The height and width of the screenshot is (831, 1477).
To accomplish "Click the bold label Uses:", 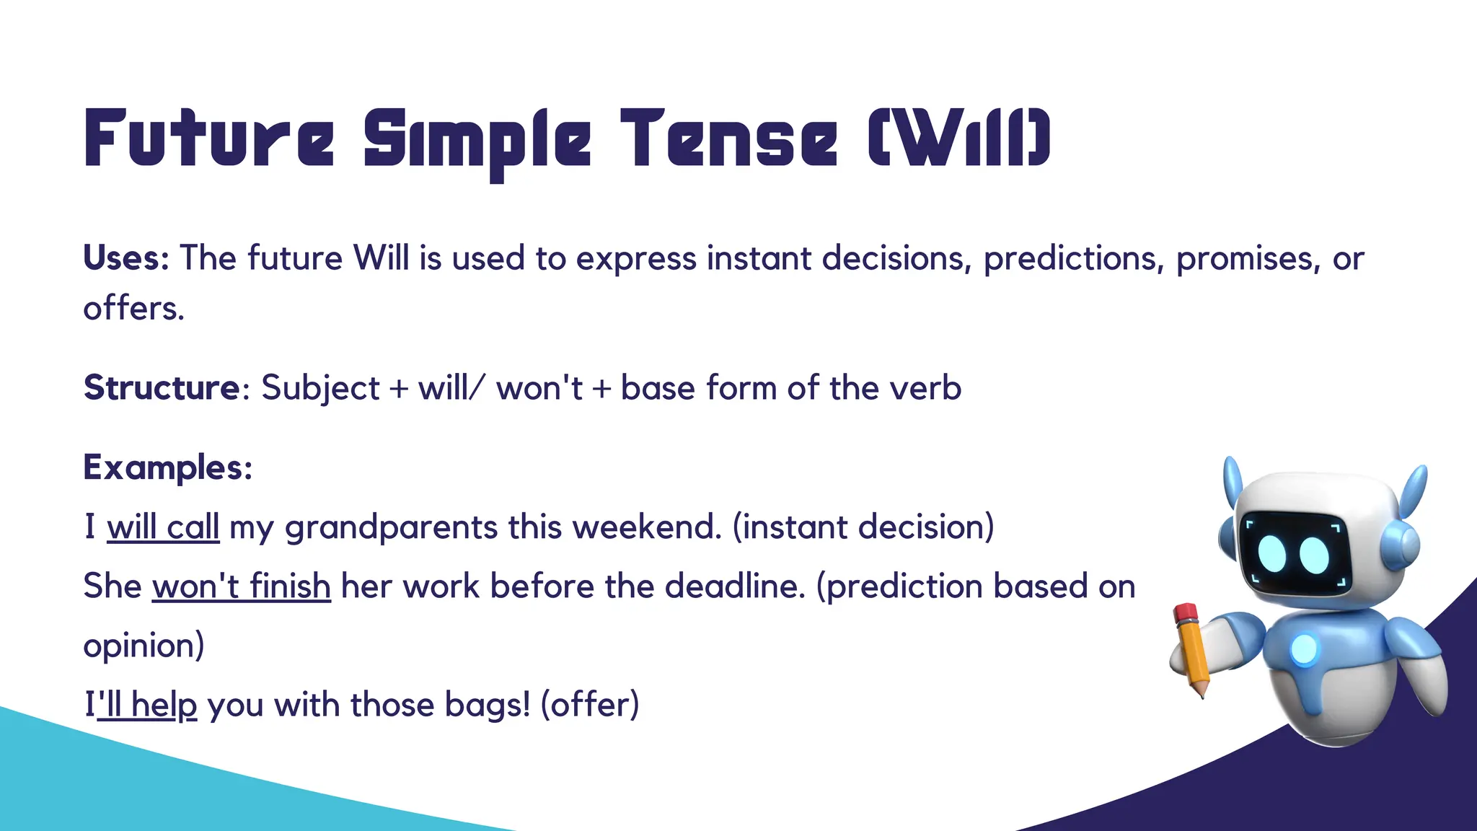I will [126, 258].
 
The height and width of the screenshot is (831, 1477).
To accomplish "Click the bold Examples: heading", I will [168, 467].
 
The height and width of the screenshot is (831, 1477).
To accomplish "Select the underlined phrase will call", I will [163, 527].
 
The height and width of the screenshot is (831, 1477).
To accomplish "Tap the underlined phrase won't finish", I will [242, 586].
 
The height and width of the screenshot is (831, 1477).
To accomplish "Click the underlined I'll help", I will [141, 705].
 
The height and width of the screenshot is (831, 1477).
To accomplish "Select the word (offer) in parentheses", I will [590, 705].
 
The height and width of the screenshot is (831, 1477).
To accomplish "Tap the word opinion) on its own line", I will [144, 646].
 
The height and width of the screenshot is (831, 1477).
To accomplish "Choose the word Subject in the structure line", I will [320, 388].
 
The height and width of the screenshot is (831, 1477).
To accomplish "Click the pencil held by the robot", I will [1191, 649].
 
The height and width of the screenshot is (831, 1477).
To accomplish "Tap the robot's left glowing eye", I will [1272, 554].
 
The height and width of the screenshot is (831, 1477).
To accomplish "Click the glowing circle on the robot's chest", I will [1304, 648].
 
